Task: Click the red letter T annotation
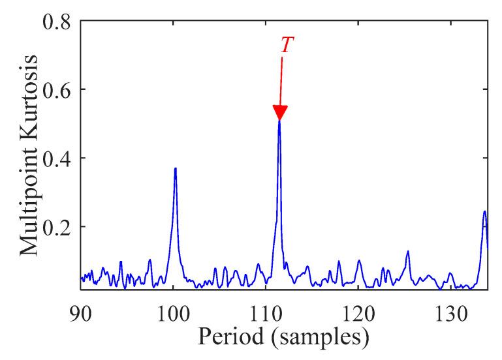point(286,44)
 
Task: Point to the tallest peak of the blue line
point(279,122)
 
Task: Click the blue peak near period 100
point(175,170)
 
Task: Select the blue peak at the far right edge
point(484,213)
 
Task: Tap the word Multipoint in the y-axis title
point(30,196)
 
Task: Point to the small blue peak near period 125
point(408,252)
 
